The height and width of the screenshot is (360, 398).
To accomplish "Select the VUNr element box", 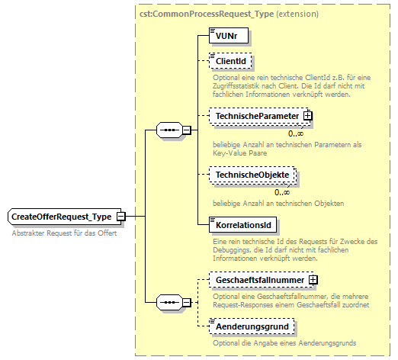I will point(229,36).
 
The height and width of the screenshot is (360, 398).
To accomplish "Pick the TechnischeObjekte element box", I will point(252,175).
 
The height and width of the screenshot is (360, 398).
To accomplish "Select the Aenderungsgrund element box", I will point(251,326).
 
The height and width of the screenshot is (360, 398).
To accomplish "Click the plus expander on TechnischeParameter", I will point(308,116).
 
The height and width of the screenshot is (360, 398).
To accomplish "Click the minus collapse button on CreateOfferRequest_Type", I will point(120,217).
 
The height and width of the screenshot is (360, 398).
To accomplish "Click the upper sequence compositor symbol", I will point(167,130).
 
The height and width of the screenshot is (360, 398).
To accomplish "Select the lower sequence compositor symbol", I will point(167,303).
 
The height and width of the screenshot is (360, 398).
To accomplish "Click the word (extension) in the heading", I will point(296,14).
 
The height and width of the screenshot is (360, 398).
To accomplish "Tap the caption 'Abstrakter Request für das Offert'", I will point(64,233).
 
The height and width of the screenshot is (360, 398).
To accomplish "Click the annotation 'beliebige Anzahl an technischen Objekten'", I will point(278,204).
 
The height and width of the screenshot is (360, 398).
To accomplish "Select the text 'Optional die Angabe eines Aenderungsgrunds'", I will point(284,342).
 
